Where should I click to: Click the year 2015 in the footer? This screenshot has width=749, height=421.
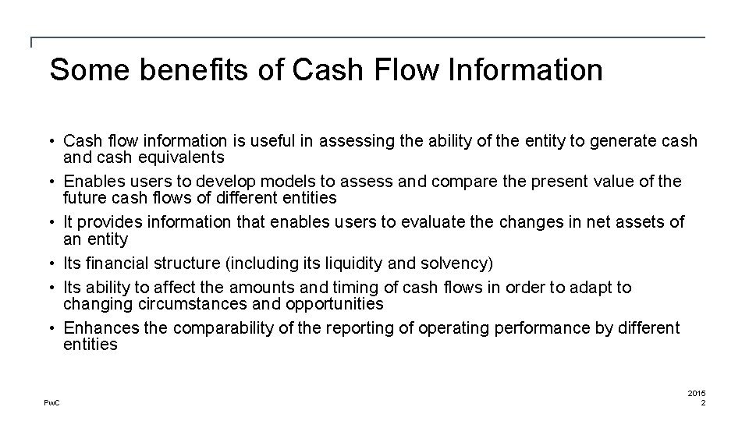pyautogui.click(x=696, y=393)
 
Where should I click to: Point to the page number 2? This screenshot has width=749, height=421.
pyautogui.click(x=703, y=402)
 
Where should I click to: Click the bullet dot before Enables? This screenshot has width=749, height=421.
pyautogui.click(x=55, y=182)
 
